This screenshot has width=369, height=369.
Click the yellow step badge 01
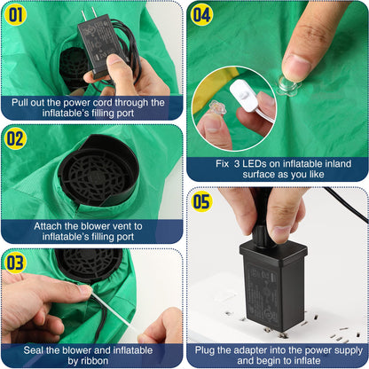[x=15, y=15]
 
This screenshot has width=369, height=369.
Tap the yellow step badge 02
[x=15, y=138]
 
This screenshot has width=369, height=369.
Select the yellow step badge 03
[x=15, y=263]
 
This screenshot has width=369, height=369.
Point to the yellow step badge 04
[x=201, y=15]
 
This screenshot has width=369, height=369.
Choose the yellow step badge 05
[x=201, y=201]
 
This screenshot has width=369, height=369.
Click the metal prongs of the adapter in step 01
[x=90, y=14]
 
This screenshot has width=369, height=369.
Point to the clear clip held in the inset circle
[x=218, y=109]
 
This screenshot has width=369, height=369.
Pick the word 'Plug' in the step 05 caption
[x=205, y=351]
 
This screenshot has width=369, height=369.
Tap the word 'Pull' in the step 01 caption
[x=20, y=103]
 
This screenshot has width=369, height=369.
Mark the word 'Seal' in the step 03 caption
[x=34, y=350]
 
